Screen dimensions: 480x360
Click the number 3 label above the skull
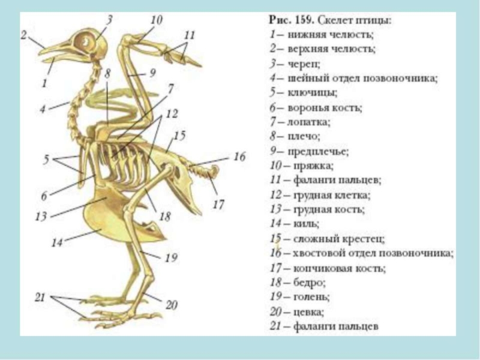109,19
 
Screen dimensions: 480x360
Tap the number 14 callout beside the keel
57,243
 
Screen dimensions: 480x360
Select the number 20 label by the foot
172,305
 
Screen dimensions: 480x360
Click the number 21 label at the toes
40,297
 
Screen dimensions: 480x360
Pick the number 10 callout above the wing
156,20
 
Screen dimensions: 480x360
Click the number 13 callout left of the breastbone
40,217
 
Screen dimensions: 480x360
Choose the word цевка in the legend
308,311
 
